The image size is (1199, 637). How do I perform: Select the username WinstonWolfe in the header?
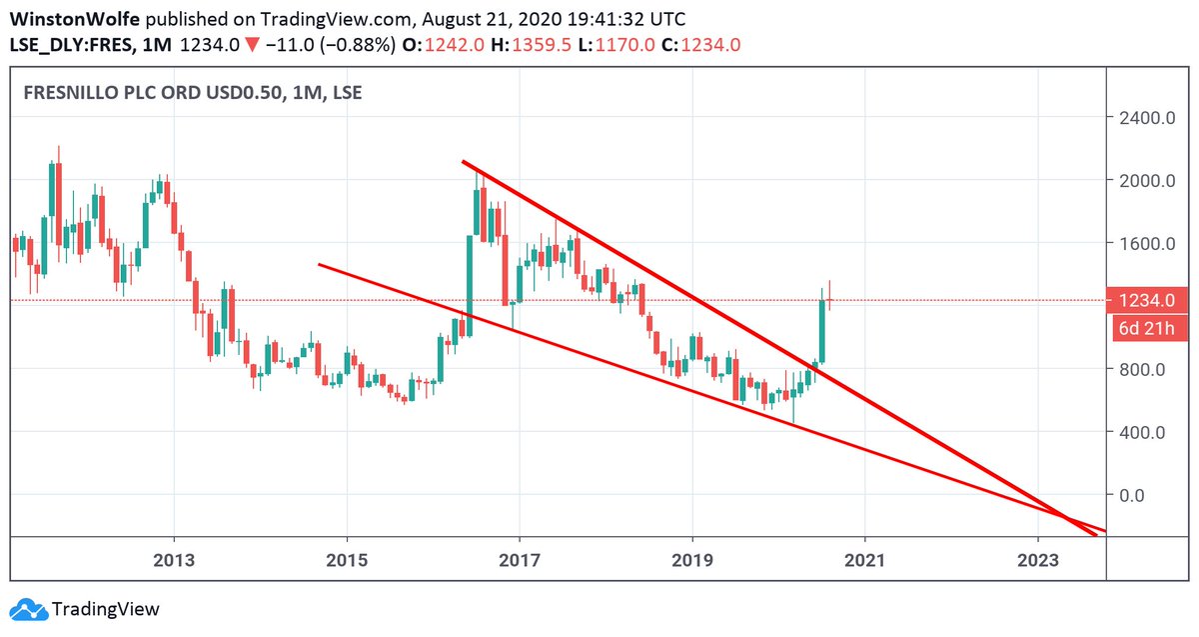coord(67,19)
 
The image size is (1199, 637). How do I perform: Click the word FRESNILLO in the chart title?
coord(71,94)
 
